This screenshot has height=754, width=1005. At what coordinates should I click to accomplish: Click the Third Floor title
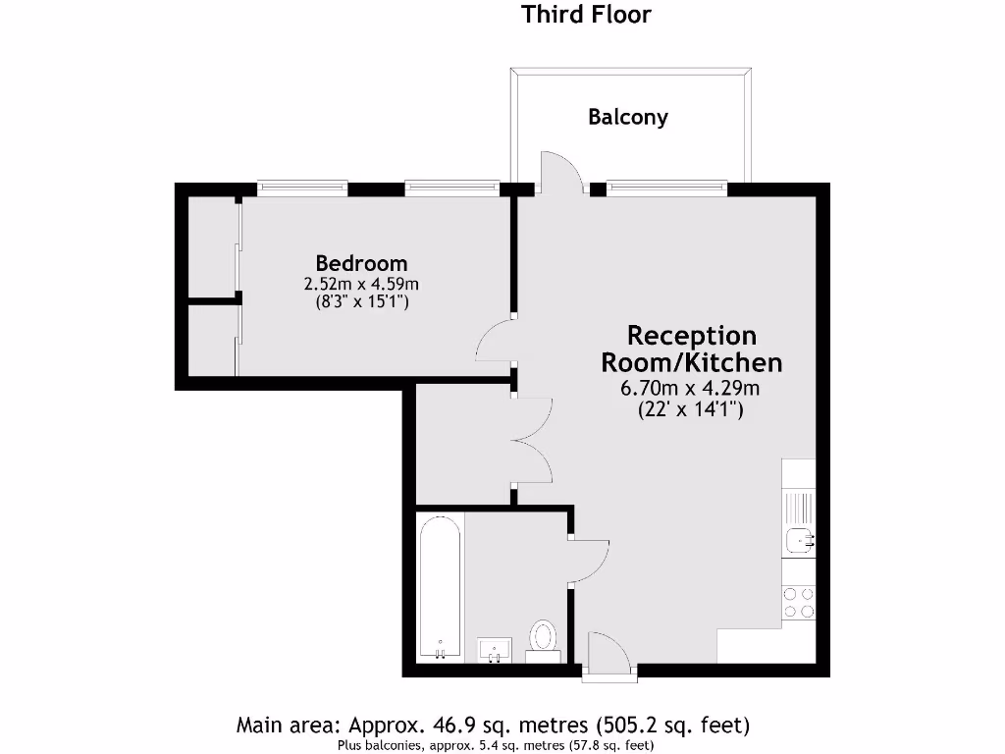tap(586, 15)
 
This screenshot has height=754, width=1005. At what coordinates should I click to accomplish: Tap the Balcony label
tap(628, 117)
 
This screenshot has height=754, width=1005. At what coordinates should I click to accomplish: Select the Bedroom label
tap(361, 263)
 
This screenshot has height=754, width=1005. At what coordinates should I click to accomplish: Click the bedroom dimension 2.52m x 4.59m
tap(361, 284)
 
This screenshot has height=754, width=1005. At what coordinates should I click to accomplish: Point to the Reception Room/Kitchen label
tap(691, 350)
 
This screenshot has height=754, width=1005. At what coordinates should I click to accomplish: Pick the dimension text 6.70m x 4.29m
tap(691, 388)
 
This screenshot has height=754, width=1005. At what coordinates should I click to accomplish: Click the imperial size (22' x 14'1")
tap(691, 409)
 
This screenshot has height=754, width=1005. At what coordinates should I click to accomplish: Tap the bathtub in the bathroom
tap(439, 589)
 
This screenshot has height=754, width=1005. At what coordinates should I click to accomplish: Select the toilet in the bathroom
tap(542, 637)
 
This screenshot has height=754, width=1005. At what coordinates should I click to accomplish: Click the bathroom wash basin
tap(495, 649)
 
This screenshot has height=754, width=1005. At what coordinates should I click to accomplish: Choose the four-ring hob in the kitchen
tap(797, 602)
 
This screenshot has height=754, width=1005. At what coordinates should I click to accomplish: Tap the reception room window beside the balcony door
tap(666, 188)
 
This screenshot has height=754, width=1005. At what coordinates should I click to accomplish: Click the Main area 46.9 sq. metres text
tap(494, 726)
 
